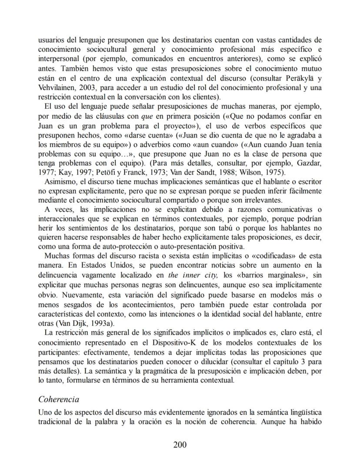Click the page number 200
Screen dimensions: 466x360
coord(180,444)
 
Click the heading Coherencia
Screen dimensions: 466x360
coord(59,399)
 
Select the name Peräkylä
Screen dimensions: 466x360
coord(302,79)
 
